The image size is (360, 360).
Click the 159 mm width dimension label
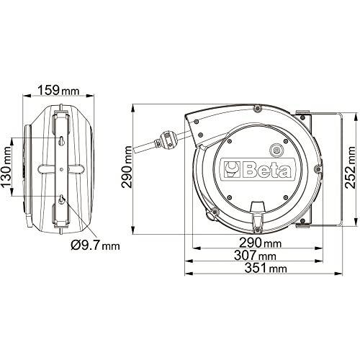(58, 90)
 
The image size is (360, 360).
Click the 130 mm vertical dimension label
(6, 167)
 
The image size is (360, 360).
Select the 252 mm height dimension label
(350, 167)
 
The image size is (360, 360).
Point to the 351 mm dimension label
(266, 268)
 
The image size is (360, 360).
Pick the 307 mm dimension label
(255, 255)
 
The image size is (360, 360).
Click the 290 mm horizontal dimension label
(260, 243)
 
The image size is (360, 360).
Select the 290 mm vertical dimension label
(127, 167)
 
